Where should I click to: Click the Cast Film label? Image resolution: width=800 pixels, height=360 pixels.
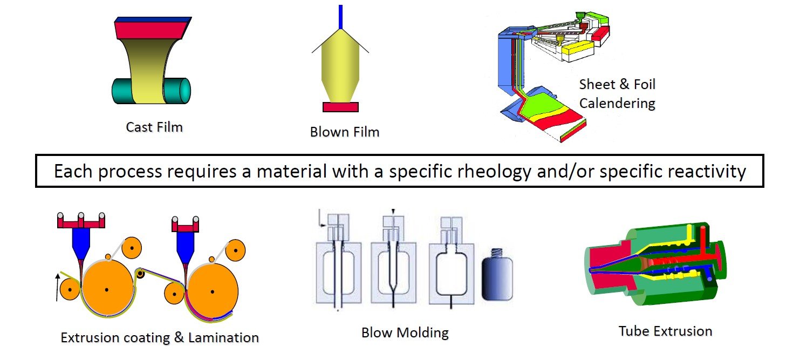pyautogui.click(x=154, y=127)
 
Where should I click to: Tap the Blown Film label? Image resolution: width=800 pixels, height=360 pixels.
pyautogui.click(x=345, y=132)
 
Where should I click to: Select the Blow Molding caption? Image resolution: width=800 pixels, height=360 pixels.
pyautogui.click(x=405, y=332)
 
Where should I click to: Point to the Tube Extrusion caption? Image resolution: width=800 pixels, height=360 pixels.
pyautogui.click(x=665, y=331)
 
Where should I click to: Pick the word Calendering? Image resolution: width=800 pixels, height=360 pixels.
pyautogui.click(x=617, y=103)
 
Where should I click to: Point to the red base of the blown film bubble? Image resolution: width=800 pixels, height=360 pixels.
pyautogui.click(x=340, y=107)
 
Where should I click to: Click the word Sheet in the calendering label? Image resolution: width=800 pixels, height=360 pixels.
pyautogui.click(x=597, y=85)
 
